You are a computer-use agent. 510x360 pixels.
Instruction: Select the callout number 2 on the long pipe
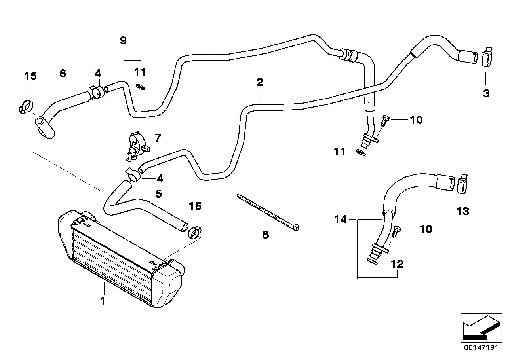260,82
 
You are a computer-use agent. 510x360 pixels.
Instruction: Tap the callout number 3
486,93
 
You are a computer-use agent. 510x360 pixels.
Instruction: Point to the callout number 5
158,194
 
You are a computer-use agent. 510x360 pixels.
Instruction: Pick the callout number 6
63,73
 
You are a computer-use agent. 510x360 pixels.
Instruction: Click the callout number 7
158,138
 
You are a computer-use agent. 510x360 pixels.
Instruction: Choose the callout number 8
265,235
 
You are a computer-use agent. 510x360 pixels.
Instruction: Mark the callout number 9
123,40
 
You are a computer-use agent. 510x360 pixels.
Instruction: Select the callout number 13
462,211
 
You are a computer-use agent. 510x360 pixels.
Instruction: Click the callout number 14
341,219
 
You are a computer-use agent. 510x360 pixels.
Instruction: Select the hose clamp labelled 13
462,184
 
